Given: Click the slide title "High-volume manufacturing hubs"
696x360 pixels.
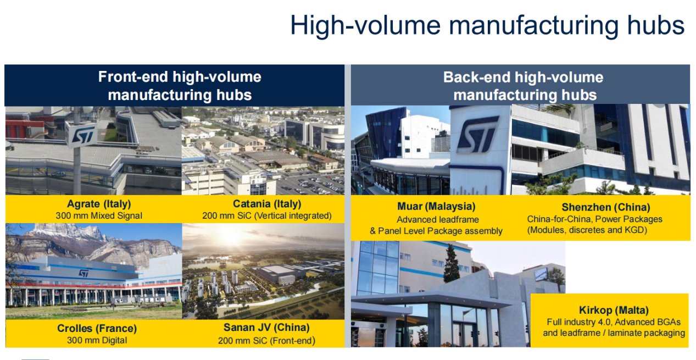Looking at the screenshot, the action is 487,25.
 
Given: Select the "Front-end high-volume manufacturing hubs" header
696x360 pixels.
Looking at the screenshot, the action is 180,86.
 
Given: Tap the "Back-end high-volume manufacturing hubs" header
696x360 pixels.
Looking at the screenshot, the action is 524,86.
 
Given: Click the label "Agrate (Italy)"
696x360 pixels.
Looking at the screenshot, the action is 99,204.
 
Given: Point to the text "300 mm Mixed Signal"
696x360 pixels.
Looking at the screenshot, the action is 99,216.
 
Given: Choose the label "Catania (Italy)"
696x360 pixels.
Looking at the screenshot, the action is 267,204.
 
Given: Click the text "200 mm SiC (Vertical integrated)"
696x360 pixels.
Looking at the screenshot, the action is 267,216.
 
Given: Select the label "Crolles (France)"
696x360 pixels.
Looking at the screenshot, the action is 97,328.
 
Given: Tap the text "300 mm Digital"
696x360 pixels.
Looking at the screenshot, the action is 97,340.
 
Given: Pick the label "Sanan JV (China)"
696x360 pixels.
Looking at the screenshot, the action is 266,328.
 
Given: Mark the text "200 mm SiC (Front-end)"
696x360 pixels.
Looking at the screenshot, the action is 266,341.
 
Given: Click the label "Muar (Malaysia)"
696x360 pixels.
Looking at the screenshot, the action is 436,207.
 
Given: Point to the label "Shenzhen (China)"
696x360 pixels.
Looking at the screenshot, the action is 606,207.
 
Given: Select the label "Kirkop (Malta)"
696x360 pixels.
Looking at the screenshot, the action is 614,310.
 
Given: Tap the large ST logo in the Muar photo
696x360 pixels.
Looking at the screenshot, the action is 478,134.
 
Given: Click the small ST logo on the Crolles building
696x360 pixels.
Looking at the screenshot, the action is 83,273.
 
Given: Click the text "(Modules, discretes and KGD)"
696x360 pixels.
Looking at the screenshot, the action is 587,230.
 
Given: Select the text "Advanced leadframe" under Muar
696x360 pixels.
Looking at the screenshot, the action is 438,219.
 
